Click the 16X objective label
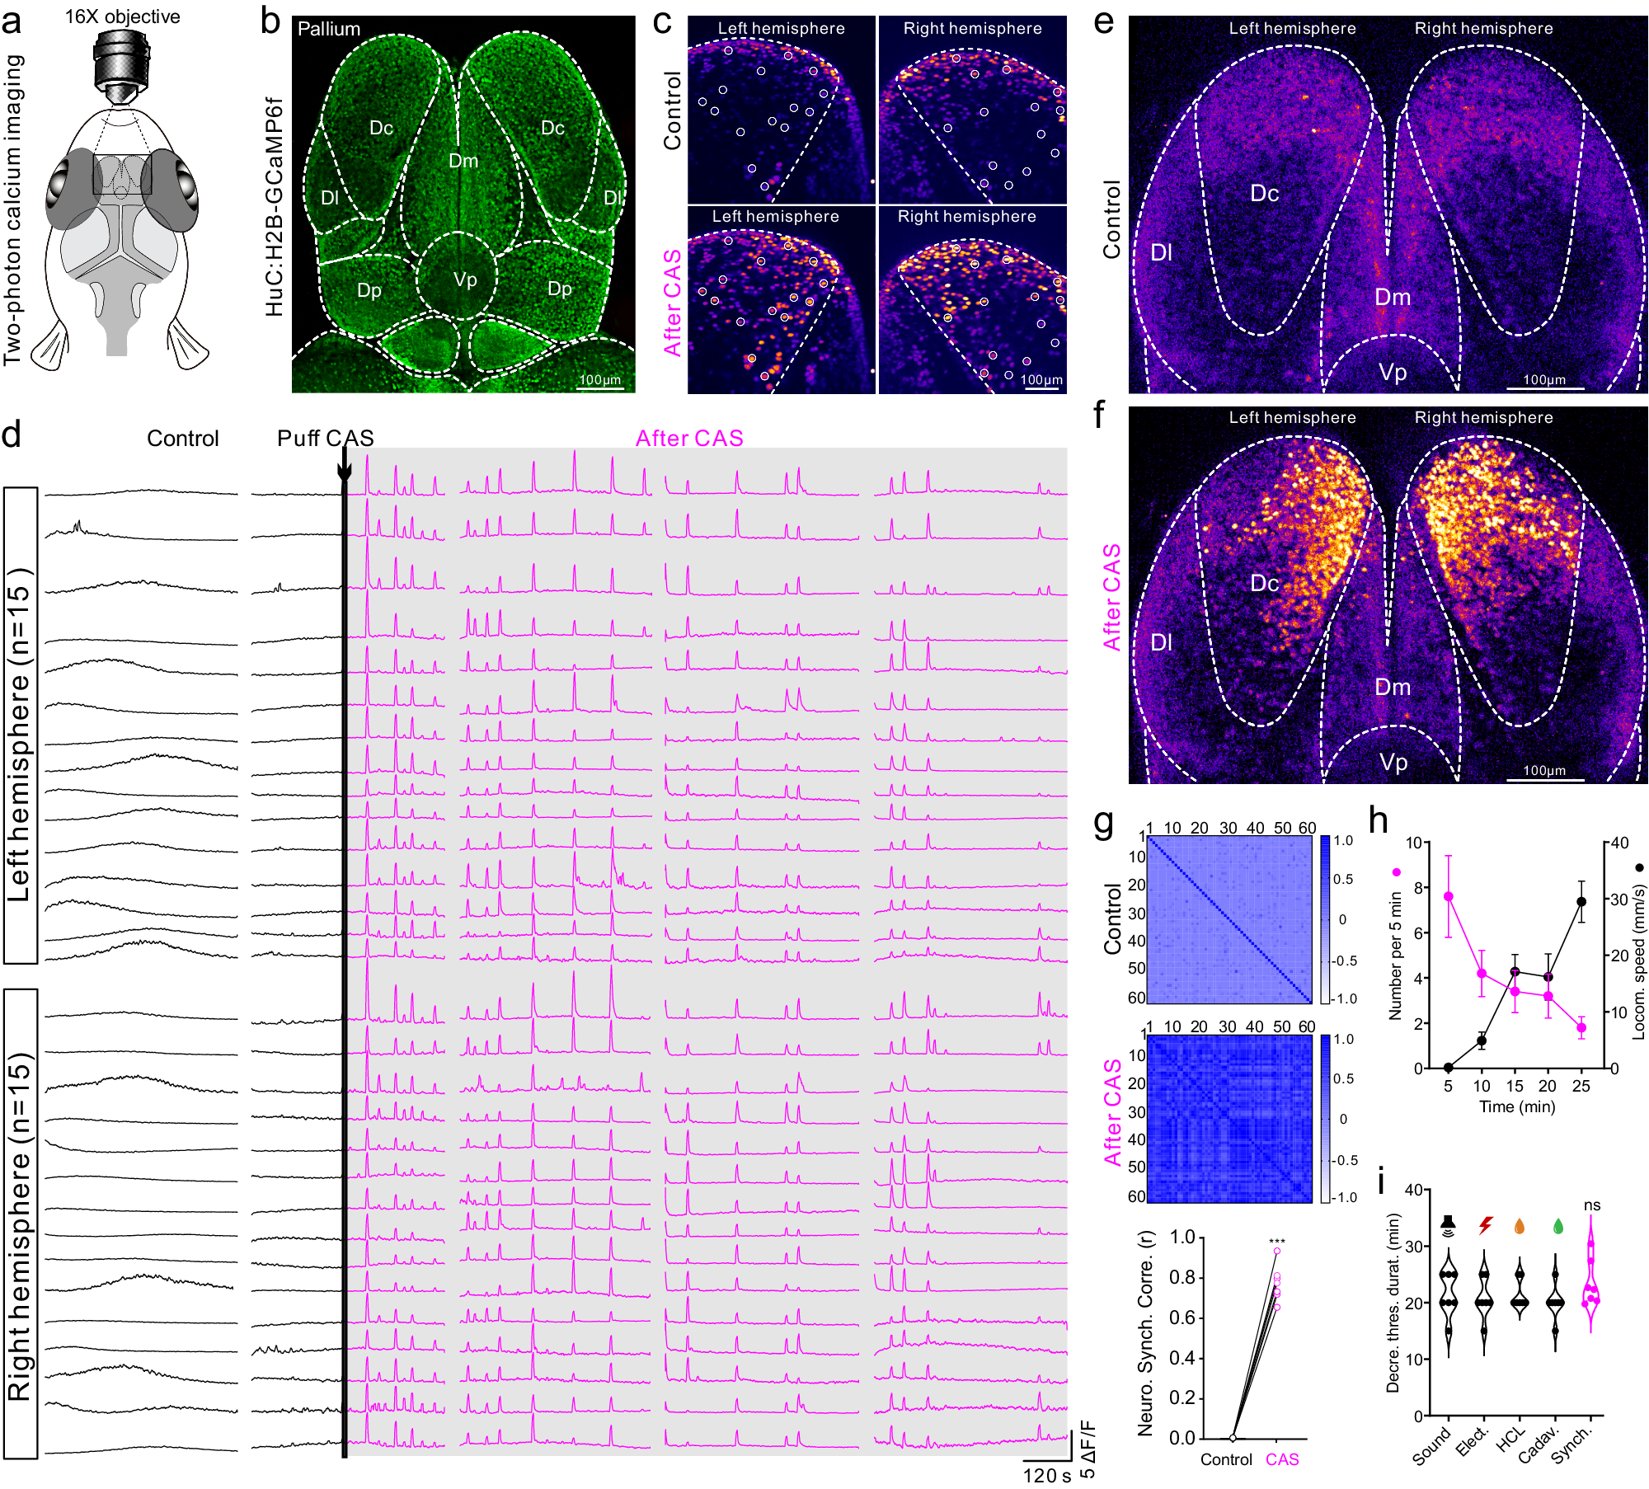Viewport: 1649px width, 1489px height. (x=122, y=16)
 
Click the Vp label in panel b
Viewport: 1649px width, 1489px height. (x=465, y=280)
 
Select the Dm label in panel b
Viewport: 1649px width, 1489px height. (x=463, y=161)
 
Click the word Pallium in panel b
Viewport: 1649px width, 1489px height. (x=329, y=29)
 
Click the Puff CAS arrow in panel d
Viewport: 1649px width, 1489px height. (x=345, y=470)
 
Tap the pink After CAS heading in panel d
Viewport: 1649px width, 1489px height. (x=689, y=439)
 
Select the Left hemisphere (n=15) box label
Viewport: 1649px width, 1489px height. (x=20, y=725)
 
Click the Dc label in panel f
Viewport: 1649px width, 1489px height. (x=1264, y=584)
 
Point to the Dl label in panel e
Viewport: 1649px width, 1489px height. (x=1161, y=252)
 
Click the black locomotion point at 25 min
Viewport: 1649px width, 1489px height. (x=1581, y=902)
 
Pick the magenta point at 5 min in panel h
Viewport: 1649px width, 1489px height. (x=1448, y=896)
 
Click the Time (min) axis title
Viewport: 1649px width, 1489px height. (x=1517, y=1106)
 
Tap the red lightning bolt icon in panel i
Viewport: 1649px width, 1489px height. (x=1485, y=1225)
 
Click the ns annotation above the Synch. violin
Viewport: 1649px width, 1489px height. (x=1592, y=1205)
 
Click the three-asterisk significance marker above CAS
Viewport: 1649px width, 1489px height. (x=1276, y=1242)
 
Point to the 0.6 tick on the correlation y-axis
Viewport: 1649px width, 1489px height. (x=1182, y=1318)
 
